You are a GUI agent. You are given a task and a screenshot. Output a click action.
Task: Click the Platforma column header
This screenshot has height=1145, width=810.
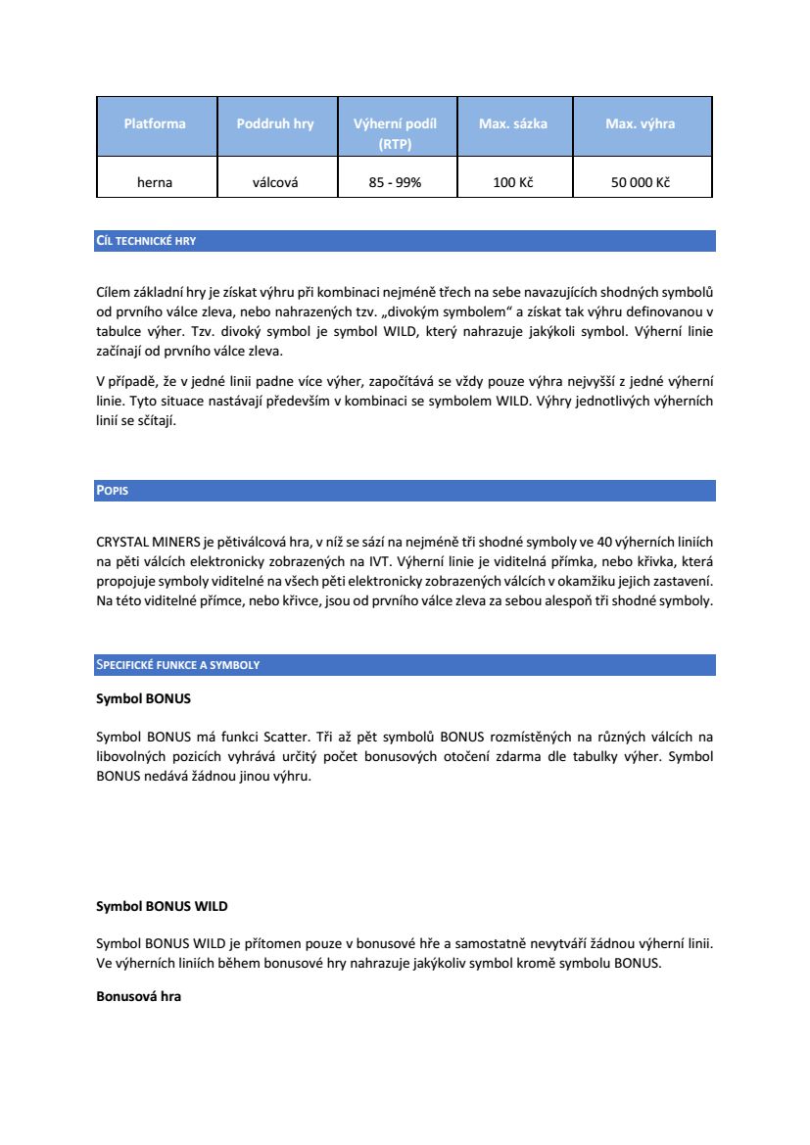point(155,124)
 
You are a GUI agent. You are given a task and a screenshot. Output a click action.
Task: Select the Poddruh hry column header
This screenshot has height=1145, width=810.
point(275,124)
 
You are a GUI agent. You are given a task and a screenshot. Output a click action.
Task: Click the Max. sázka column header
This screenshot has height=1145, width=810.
point(512,124)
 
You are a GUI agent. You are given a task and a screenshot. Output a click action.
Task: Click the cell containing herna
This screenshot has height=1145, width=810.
point(155,182)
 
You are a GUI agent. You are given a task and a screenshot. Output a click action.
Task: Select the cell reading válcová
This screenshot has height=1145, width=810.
point(275,182)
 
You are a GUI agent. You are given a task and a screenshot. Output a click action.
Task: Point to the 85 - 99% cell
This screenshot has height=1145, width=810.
point(395,182)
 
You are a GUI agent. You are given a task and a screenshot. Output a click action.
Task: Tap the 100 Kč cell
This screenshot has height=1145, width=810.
point(512,182)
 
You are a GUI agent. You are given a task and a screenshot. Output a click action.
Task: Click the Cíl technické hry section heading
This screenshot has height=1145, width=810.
point(146,241)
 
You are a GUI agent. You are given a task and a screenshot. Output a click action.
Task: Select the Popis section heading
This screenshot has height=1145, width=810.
point(113,491)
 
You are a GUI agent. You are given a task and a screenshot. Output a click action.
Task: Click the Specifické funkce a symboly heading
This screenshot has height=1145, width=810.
point(177,665)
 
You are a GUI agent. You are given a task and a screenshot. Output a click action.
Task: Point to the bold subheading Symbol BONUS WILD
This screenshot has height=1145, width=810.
point(162,907)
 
